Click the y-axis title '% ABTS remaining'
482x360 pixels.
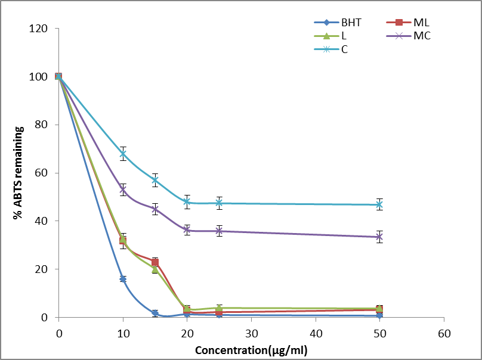click(x=18, y=172)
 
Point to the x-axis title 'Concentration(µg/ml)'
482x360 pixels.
click(x=251, y=349)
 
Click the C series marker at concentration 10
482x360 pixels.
click(x=123, y=154)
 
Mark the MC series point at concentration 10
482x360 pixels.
click(x=123, y=190)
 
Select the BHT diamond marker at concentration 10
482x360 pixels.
click(x=123, y=279)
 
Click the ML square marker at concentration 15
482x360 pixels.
click(x=155, y=262)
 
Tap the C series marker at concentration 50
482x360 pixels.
click(x=379, y=205)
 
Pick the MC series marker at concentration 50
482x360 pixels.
click(x=379, y=237)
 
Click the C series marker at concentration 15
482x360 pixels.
click(x=155, y=180)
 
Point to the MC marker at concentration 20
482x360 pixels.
click(x=187, y=230)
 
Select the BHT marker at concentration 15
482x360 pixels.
click(x=155, y=313)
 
